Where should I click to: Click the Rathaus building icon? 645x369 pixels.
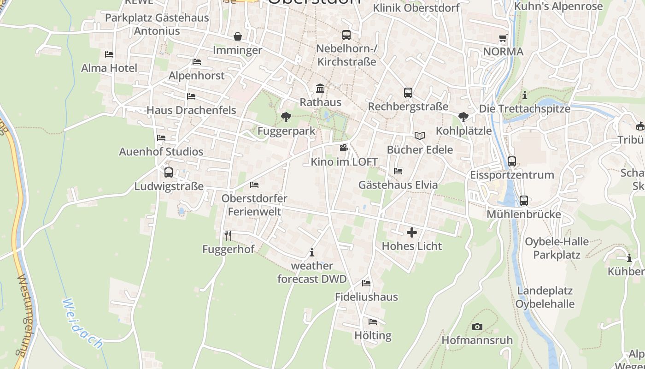coord(320,88)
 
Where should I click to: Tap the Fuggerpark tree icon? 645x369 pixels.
coord(286,117)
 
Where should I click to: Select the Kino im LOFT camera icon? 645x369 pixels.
coord(344,148)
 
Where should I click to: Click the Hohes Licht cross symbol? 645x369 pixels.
coord(411,232)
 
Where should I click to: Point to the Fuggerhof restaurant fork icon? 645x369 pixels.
coord(228,236)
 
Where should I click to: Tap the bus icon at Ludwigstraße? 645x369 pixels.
coord(169,173)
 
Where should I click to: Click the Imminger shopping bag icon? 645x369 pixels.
coord(237,36)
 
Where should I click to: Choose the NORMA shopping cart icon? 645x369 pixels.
coord(503,38)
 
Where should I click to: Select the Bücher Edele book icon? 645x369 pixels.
coord(419,136)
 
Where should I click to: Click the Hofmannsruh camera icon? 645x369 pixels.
coord(477,327)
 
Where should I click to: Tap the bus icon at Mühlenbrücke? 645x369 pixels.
coord(524,201)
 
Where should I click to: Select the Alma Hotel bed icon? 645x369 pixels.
coord(109,54)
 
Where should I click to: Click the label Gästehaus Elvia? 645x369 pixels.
coord(398,185)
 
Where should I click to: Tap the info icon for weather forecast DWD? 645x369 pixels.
coord(312,252)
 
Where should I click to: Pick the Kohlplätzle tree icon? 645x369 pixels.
coord(463,117)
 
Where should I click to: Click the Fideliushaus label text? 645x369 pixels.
coord(366,297)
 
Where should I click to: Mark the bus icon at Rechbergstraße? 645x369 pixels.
coord(408,93)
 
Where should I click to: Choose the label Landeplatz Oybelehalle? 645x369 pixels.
coord(545,298)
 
